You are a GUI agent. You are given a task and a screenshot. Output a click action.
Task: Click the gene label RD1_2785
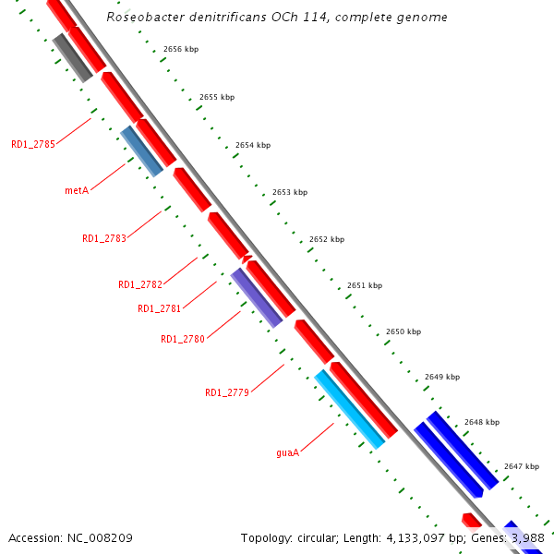coord(33,144)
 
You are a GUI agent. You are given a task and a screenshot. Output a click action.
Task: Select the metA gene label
coord(77,191)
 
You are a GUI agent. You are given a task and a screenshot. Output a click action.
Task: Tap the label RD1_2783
coord(104,238)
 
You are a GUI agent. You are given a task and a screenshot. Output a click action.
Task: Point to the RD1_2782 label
coord(140,284)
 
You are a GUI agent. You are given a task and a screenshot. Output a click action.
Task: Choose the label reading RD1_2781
coord(160,308)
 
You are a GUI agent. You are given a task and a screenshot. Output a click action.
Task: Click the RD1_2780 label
coord(183,339)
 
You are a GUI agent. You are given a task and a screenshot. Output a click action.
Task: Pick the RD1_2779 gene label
coord(227,392)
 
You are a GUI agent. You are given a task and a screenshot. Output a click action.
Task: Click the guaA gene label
coord(288,453)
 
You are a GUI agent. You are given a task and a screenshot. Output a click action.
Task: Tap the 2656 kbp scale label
coord(180,49)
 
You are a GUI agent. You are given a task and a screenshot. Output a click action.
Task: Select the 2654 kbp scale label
coord(253,145)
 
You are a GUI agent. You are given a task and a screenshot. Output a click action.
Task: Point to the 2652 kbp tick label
coord(326,239)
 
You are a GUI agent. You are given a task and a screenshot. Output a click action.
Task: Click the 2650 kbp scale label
coord(403,331)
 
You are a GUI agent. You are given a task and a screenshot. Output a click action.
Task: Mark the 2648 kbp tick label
coord(481,422)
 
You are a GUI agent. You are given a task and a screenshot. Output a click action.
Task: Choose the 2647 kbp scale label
coord(521,466)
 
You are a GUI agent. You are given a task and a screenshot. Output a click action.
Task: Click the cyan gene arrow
coord(349,409)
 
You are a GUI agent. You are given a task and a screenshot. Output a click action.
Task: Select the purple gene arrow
coord(257,297)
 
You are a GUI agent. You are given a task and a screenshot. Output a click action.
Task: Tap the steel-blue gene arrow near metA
coord(142,151)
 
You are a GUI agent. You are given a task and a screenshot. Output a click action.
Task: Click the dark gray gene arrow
coord(72,57)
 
